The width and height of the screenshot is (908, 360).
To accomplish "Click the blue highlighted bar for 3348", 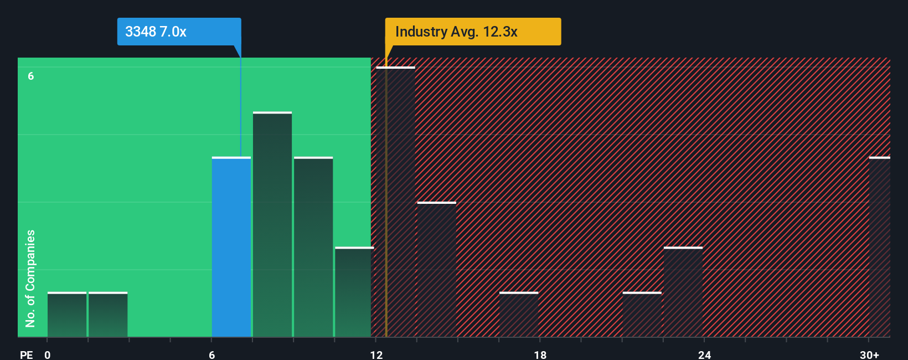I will coord(231,247).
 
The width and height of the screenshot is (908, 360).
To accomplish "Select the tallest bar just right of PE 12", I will coord(395,202).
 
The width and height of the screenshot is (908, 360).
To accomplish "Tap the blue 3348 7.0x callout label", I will coord(179,32).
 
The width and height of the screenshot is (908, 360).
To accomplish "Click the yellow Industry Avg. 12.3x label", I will coord(473,32).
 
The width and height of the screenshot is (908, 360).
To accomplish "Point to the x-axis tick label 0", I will coord(48,354).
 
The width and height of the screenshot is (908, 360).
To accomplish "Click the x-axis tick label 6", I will coord(211,354).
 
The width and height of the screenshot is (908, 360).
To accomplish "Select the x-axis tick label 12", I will coord(376,354).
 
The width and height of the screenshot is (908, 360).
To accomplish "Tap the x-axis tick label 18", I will coord(540,354).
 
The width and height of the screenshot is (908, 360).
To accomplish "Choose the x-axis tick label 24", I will coord(704,354).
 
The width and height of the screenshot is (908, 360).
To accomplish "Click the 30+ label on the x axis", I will coord(869,354).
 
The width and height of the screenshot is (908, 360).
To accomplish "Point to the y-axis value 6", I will coord(31,76).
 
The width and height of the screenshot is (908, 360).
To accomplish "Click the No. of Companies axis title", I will coord(30,278).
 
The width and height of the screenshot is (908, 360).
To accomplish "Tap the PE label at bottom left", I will coord(27,354).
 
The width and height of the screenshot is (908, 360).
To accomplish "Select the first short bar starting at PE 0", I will coord(67,315).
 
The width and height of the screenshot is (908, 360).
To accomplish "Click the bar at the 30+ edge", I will coord(879,247).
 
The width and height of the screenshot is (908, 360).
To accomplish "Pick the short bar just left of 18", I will coord(519,315).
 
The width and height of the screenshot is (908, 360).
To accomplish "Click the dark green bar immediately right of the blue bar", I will coord(272,224).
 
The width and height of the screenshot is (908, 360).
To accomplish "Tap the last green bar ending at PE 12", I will coord(353,292).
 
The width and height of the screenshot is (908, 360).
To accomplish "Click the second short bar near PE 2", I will coord(108,315).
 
